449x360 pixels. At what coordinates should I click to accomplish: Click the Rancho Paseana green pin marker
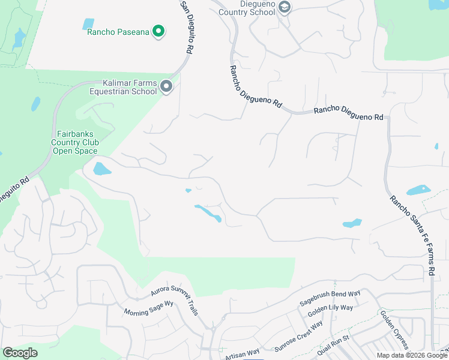click(x=158, y=31)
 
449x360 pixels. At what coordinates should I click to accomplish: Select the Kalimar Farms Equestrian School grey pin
click(x=167, y=88)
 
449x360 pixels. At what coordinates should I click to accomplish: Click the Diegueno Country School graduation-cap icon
click(x=285, y=7)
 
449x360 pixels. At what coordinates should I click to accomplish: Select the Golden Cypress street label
click(x=394, y=330)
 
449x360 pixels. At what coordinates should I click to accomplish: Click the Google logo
click(x=20, y=353)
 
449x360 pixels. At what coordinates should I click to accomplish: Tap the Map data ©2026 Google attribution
click(x=411, y=355)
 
